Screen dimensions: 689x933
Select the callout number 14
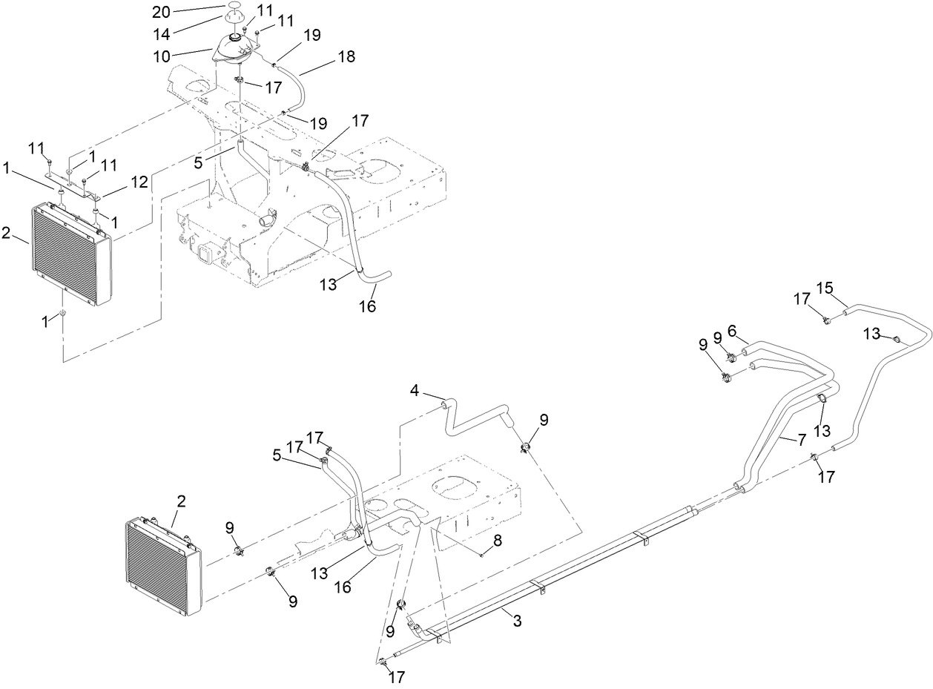tap(162, 34)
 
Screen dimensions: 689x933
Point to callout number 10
tap(162, 56)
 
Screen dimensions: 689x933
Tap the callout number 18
tap(346, 56)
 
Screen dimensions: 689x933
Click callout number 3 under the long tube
tap(517, 622)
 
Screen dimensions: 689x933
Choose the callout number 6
tap(731, 330)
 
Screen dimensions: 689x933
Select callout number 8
tap(498, 541)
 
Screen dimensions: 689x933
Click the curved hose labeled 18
tap(301, 86)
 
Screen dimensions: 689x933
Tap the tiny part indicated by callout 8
tap(481, 553)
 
